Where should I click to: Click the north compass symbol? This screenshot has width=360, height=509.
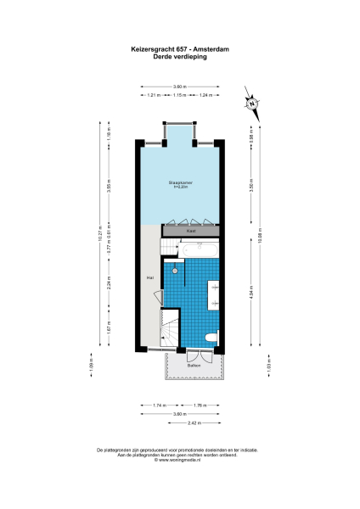[252, 103]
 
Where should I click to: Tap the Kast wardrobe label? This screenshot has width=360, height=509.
[191, 230]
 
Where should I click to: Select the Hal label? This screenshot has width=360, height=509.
[149, 277]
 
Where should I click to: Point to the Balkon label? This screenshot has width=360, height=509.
[194, 366]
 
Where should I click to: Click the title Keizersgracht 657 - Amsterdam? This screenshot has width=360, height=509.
[179, 50]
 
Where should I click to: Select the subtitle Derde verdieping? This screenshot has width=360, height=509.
[179, 57]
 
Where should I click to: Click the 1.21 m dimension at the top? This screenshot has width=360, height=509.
[154, 96]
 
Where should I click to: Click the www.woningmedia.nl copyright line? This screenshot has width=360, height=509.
[179, 460]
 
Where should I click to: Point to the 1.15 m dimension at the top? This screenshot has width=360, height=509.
[179, 96]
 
